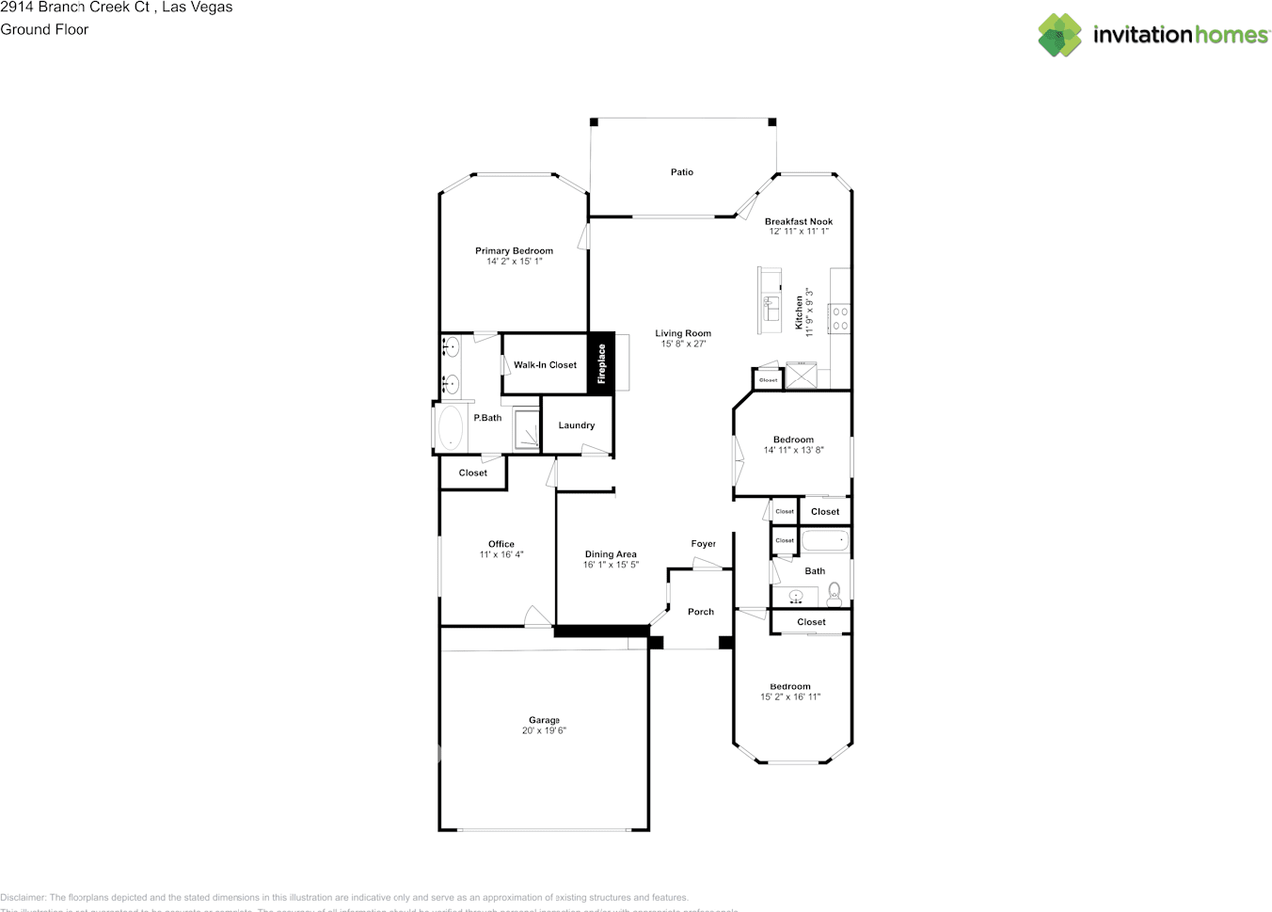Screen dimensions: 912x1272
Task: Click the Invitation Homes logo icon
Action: (x=1060, y=35)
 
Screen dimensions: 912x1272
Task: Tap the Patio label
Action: (x=681, y=172)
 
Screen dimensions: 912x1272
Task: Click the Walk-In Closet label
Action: (x=545, y=365)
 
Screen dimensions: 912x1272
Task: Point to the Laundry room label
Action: (x=576, y=425)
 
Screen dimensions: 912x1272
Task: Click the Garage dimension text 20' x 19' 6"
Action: (x=544, y=731)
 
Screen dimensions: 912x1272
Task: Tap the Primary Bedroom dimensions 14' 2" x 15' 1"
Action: (x=513, y=262)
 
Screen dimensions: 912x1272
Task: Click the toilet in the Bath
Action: (x=835, y=594)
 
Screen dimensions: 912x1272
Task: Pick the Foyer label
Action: (x=703, y=544)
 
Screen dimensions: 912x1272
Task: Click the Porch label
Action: (x=701, y=612)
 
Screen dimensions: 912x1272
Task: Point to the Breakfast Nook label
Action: (x=798, y=221)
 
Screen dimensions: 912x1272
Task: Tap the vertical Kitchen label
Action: (x=799, y=312)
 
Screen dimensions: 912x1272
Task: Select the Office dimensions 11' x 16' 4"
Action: (x=501, y=555)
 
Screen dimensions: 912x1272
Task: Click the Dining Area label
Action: (x=610, y=554)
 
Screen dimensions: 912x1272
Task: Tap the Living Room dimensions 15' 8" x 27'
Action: (x=683, y=344)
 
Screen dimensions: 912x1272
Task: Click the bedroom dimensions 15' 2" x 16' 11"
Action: (x=790, y=697)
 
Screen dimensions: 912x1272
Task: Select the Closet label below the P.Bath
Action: (x=473, y=473)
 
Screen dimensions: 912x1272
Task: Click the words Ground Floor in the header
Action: (x=45, y=29)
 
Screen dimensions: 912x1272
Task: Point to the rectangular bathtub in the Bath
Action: (x=824, y=541)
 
